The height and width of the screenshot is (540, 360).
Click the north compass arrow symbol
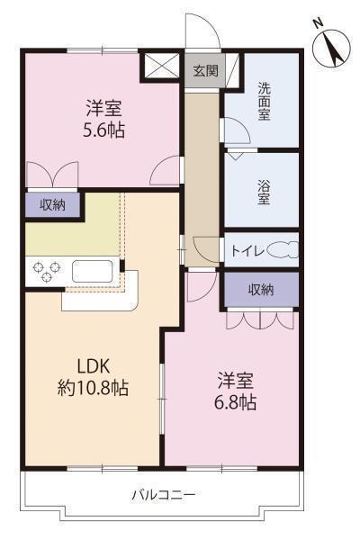pyautogui.click(x=332, y=48)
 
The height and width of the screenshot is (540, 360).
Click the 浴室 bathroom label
pyautogui.click(x=265, y=191)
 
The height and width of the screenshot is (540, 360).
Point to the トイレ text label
pyautogui.click(x=247, y=251)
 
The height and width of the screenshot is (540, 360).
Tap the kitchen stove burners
pyautogui.click(x=46, y=271)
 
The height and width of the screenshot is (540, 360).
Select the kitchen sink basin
pyautogui.click(x=90, y=270)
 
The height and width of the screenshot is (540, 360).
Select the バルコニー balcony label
pyautogui.click(x=164, y=494)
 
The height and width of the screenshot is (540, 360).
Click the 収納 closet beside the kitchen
pyautogui.click(x=52, y=204)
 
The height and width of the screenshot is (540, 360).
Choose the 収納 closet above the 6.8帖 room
pyautogui.click(x=261, y=290)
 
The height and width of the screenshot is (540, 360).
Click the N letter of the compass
pyautogui.click(x=317, y=23)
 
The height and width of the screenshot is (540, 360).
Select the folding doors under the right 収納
pyautogui.click(x=261, y=319)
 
